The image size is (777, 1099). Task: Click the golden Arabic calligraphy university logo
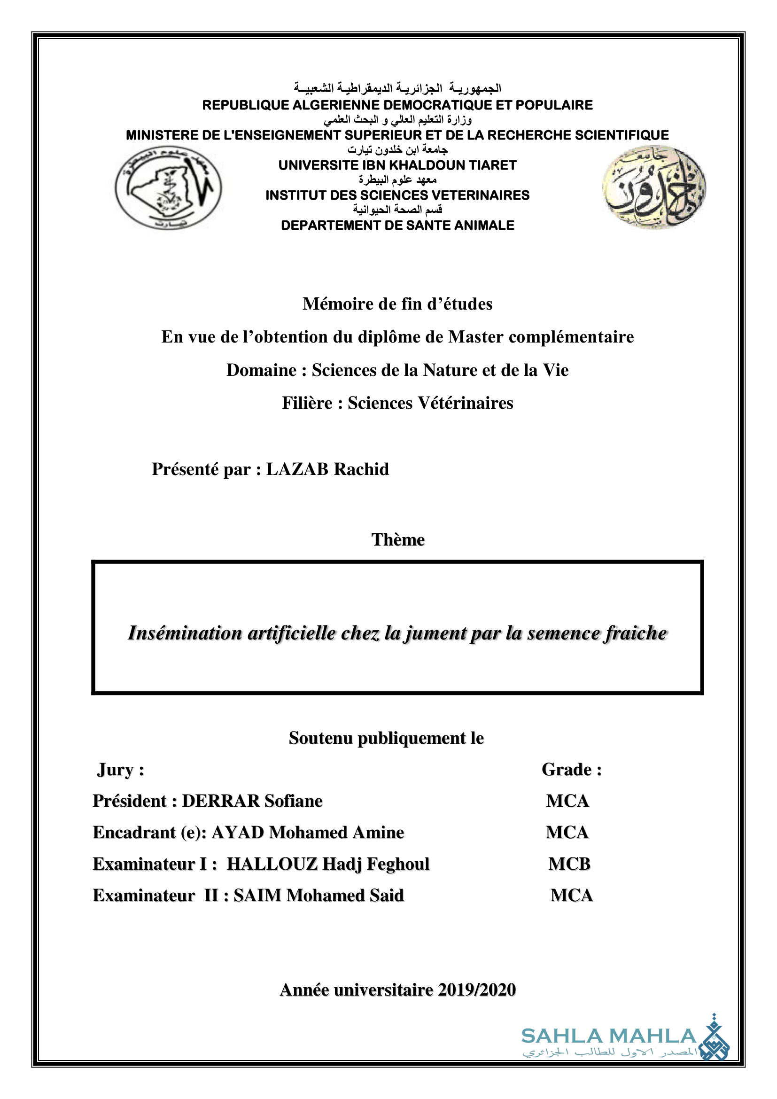(x=653, y=187)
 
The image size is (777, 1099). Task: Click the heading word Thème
(x=398, y=539)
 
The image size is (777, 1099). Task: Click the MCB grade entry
(x=569, y=864)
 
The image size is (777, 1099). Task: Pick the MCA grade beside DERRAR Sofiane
(x=567, y=801)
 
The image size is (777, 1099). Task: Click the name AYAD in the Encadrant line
(x=238, y=833)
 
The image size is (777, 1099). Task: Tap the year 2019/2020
(x=476, y=990)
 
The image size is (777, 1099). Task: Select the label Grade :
(x=571, y=770)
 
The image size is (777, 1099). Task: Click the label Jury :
(x=120, y=770)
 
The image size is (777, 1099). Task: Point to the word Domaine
(x=261, y=370)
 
